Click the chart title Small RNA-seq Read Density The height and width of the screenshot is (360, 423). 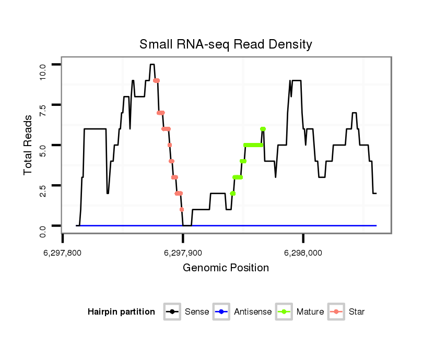[x=226, y=44]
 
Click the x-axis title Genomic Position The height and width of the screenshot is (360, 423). [x=226, y=268]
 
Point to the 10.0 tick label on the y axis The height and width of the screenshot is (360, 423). [x=43, y=71]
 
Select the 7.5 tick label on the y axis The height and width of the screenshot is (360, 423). [x=43, y=111]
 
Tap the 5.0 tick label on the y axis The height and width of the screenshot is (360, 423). [x=43, y=151]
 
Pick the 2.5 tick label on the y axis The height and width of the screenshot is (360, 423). [x=43, y=191]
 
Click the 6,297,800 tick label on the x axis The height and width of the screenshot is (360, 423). [x=63, y=253]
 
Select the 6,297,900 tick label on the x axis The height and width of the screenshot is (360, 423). [x=183, y=253]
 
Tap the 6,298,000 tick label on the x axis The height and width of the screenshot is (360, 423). [x=303, y=253]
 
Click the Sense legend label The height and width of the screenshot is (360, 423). [x=197, y=312]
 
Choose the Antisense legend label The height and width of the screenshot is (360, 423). [x=253, y=312]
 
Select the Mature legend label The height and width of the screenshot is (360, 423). [x=310, y=312]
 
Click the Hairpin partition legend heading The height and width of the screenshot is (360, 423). [x=121, y=312]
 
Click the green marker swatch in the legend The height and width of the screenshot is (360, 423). [x=285, y=312]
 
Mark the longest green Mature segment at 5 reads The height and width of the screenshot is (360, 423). [x=253, y=145]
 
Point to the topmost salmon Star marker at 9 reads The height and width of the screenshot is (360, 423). [x=156, y=80]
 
